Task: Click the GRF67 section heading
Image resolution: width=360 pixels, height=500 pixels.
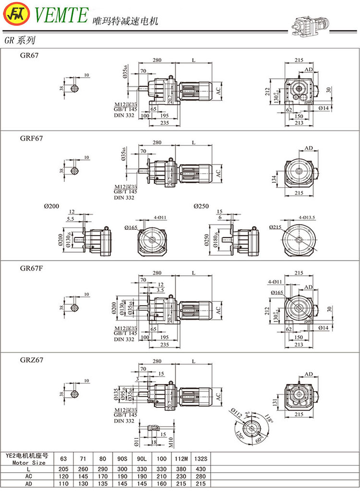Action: (x=31, y=138)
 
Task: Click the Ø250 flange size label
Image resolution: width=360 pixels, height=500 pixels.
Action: (x=202, y=206)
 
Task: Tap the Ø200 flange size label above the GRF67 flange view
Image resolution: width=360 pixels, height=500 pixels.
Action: (x=51, y=206)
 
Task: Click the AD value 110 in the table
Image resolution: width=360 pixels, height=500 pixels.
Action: (x=63, y=484)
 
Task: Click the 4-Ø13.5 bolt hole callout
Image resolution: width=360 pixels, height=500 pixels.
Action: (x=307, y=217)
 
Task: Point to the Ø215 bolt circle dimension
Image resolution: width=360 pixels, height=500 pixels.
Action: (x=275, y=227)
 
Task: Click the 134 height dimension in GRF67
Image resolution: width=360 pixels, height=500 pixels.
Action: (x=275, y=179)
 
